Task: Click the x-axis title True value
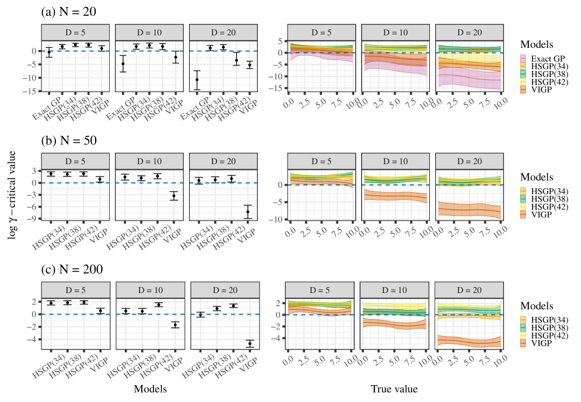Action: (x=394, y=388)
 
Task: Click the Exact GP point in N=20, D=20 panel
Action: (x=197, y=79)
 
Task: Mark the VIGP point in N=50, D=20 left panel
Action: (x=248, y=211)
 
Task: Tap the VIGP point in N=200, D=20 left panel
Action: (x=250, y=344)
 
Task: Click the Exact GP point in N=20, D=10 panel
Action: (x=123, y=64)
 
